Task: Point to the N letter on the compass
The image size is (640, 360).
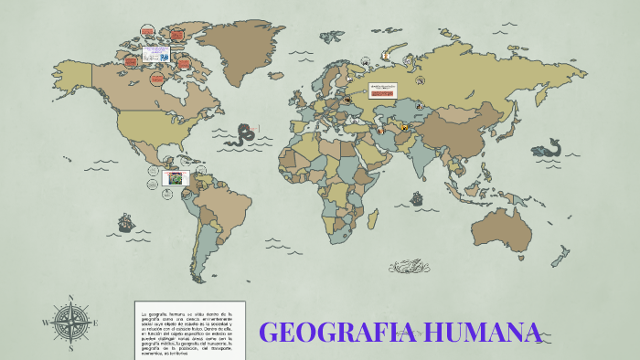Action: [71, 297]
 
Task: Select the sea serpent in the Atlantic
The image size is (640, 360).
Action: [243, 136]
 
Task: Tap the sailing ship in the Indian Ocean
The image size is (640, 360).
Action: [416, 197]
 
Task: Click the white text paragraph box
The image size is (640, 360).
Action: [188, 328]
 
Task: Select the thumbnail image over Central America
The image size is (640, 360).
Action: [176, 178]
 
